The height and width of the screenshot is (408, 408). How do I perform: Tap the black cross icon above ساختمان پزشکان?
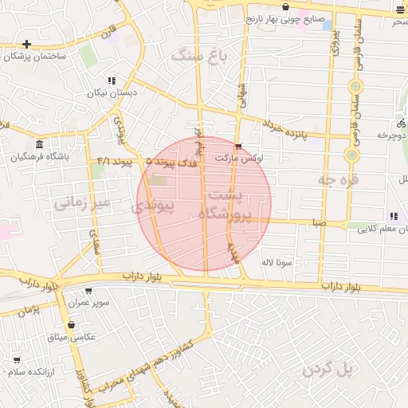pos(27,44)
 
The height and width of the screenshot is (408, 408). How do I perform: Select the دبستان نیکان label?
pos(112,92)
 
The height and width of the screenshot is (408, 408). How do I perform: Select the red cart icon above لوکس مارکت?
pos(239,146)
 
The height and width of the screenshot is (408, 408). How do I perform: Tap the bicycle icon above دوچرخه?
pos(400,124)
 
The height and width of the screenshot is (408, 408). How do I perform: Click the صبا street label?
pos(319,224)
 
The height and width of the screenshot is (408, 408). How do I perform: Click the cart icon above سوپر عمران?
pos(88,291)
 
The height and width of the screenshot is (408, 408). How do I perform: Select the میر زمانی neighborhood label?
pos(80,204)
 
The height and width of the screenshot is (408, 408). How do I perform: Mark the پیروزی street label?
pos(335,41)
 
